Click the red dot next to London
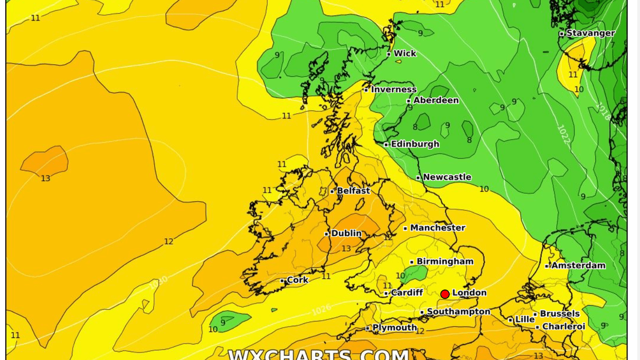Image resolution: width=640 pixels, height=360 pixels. [445, 294]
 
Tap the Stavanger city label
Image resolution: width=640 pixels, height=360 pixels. [590, 33]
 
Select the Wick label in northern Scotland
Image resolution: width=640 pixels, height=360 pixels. [405, 53]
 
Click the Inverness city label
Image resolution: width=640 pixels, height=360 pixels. [393, 89]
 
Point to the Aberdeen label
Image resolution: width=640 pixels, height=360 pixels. [435, 100]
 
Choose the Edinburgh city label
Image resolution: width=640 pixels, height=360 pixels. [415, 144]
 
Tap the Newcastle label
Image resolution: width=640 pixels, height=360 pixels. [447, 177]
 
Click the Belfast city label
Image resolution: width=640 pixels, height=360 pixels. [353, 191]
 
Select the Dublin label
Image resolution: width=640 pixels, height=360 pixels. [346, 233]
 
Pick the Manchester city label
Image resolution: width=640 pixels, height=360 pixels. [437, 228]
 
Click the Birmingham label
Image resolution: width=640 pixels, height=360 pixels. [445, 261]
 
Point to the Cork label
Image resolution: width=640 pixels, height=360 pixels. [297, 280]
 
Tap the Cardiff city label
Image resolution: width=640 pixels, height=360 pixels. [407, 293]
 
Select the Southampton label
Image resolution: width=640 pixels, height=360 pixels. [459, 312]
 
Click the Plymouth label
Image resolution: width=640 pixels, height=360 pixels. [394, 328]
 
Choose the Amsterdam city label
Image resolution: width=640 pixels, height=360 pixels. [578, 265]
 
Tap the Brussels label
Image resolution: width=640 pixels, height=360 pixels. [559, 314]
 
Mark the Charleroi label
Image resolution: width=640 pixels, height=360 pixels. [563, 327]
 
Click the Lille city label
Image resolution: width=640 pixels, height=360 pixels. [524, 319]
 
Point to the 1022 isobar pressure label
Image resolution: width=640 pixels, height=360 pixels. [564, 134]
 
